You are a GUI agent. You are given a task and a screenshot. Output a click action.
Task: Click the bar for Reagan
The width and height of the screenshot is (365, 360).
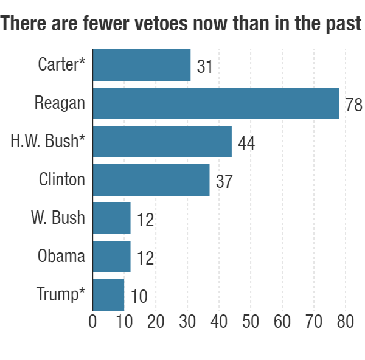point(215,103)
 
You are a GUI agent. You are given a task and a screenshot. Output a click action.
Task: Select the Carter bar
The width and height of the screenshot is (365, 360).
point(141,65)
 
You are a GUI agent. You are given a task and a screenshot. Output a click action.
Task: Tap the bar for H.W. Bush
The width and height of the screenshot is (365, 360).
point(162,141)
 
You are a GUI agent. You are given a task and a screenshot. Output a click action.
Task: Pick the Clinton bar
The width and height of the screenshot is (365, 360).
point(151,180)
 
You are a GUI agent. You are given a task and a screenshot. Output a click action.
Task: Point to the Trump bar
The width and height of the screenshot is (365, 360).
point(108,294)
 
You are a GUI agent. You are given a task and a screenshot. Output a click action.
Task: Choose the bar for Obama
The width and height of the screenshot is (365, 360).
point(111,256)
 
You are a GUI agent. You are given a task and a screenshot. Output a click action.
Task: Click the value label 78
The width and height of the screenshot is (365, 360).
point(353,105)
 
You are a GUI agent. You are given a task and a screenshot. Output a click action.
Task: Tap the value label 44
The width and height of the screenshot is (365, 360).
point(246,144)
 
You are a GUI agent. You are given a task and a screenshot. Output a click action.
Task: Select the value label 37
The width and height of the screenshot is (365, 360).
point(224,182)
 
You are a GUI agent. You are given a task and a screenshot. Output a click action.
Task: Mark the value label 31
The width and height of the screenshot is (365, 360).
point(205,66)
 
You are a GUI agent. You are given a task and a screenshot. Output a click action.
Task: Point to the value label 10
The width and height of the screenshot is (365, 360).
point(139,297)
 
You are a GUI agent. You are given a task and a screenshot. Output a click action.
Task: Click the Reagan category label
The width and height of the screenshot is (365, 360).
point(60,103)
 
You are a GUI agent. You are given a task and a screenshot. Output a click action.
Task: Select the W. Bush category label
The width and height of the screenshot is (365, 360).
point(58,217)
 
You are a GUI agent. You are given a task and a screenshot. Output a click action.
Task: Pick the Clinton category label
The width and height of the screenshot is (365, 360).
point(61,179)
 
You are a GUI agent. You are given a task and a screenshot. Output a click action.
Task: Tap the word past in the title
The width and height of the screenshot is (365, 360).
point(341,25)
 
